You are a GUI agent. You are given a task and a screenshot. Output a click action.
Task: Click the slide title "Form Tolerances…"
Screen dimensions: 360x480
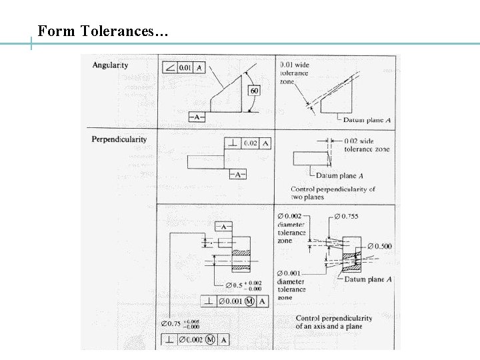[x=103, y=31]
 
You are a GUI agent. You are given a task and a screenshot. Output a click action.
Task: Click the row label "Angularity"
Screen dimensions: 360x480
[x=111, y=65]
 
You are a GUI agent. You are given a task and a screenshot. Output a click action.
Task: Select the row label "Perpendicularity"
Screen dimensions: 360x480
[x=119, y=139]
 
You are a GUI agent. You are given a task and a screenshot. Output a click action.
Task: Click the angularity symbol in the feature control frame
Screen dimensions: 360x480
[x=169, y=68]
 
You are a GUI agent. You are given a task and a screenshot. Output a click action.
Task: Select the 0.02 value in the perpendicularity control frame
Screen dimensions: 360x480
[x=251, y=144]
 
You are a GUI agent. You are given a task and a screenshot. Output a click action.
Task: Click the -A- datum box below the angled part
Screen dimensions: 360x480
[x=197, y=117]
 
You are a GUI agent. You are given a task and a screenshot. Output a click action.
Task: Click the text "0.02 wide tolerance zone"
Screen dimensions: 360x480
[x=366, y=145]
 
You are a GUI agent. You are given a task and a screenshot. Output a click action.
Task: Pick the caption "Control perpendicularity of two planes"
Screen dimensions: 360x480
[x=333, y=193]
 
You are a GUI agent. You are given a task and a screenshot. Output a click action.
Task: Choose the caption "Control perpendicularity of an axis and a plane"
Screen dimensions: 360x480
[x=333, y=322]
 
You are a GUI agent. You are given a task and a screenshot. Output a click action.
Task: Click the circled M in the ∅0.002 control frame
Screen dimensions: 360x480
[x=211, y=340]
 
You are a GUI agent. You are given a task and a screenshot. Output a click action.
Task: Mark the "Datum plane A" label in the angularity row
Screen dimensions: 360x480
[x=366, y=120]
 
